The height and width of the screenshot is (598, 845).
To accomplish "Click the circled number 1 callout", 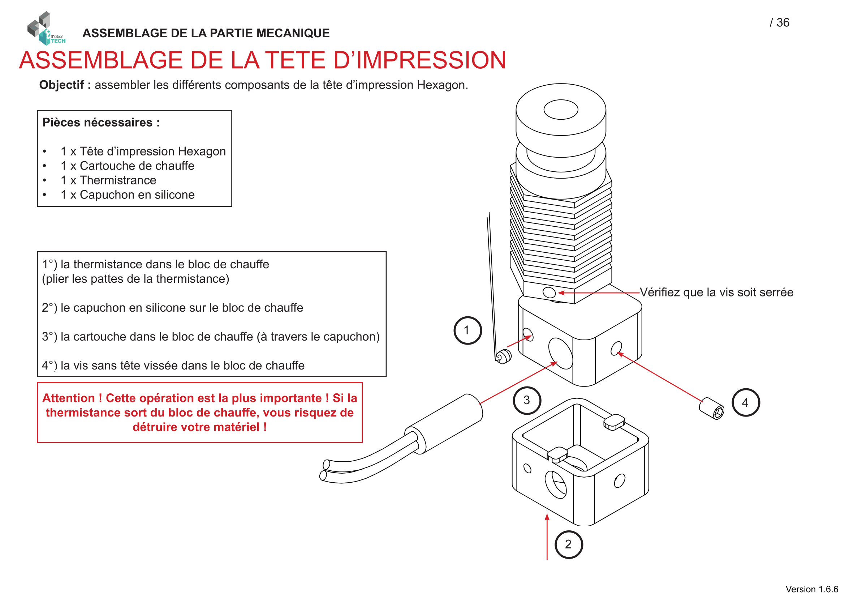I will click(467, 330).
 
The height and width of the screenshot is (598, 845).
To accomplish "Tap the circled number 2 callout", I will click(569, 544).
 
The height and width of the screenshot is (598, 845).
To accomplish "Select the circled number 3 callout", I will click(527, 400).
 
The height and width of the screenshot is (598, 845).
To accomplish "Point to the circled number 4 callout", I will click(745, 402).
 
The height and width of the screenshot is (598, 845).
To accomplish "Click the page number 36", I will click(783, 22).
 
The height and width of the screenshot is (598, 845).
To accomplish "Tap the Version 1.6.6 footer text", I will click(811, 589).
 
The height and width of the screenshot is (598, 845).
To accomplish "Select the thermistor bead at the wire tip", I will click(503, 356).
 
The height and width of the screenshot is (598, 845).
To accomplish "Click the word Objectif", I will click(61, 85).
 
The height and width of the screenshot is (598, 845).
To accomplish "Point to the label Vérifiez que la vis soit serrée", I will click(716, 292).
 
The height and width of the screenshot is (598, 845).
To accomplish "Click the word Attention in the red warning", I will click(68, 398).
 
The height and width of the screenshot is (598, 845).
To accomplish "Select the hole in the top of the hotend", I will click(561, 109).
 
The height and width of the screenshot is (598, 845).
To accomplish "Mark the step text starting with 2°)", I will click(172, 307).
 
